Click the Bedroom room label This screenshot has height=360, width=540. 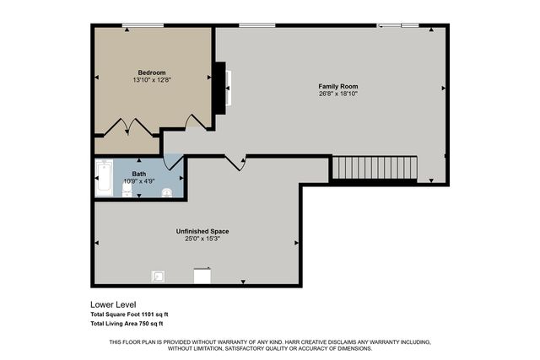tap(152, 73)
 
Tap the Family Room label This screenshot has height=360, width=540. tap(337, 86)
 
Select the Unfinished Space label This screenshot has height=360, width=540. tap(202, 231)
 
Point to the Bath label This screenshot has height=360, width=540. tap(139, 175)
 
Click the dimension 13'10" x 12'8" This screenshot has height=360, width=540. tap(152, 80)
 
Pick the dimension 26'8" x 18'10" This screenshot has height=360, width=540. tap(338, 94)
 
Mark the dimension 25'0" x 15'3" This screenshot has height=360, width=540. tap(202, 239)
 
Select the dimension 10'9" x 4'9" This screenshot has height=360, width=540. tap(139, 181)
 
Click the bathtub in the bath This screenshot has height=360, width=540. tap(104, 178)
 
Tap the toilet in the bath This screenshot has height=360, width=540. tap(127, 190)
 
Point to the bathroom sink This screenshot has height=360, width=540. tap(167, 192)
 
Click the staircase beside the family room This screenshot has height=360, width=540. tap(375, 168)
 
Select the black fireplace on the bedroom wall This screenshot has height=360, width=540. tap(220, 89)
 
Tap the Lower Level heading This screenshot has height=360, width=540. tap(113, 304)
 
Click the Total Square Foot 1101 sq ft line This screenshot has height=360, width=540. tap(129, 314)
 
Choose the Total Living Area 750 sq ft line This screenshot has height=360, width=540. tap(127, 324)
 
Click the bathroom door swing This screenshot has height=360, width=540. tap(173, 162)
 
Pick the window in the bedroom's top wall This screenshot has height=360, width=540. tap(143, 25)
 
